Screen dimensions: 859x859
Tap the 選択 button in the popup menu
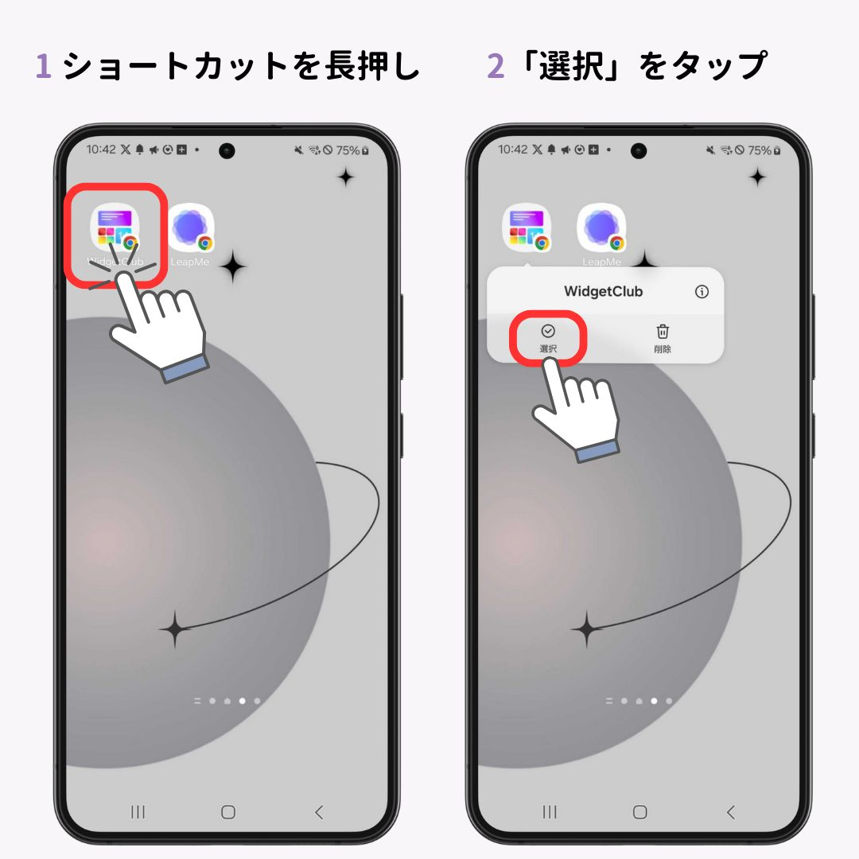(x=548, y=337)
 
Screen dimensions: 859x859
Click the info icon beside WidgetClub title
(x=702, y=291)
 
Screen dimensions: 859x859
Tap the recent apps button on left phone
(x=138, y=812)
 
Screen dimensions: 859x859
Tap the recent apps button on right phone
(x=550, y=812)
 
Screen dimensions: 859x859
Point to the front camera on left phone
(x=227, y=150)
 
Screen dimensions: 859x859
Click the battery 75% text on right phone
(x=759, y=150)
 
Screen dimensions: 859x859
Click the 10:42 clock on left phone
(x=101, y=150)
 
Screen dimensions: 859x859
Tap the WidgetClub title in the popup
(x=603, y=291)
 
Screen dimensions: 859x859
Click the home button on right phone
(x=640, y=812)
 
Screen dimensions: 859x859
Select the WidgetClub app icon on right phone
(x=527, y=229)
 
